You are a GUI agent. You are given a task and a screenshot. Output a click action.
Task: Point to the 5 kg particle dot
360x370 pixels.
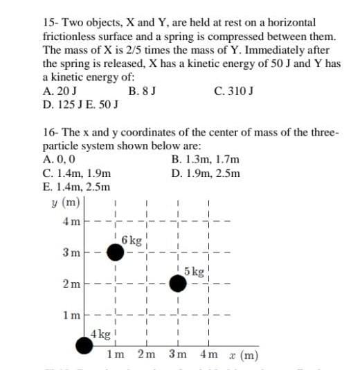coord(178,282)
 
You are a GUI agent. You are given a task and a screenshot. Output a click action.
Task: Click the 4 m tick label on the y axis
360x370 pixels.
coord(71,222)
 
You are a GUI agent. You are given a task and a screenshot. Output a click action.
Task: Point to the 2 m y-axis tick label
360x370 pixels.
coord(71,284)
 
